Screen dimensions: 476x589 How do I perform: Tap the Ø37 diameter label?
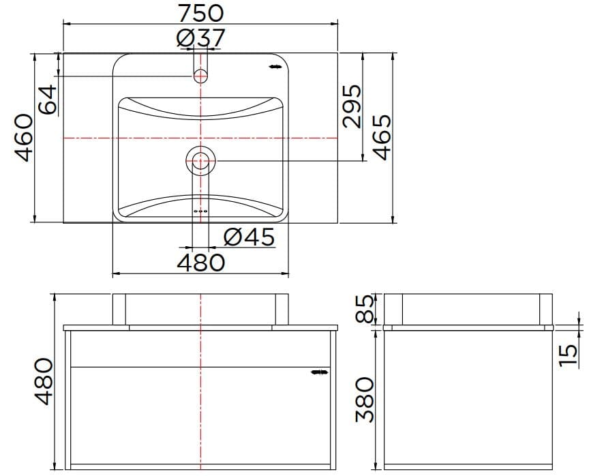(200, 39)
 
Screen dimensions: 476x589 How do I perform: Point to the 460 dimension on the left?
(24, 137)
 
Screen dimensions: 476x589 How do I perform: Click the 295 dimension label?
(350, 106)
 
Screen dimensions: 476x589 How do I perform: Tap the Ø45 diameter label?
(249, 237)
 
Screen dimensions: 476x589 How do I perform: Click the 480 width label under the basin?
(200, 262)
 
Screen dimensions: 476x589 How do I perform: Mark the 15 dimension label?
(569, 354)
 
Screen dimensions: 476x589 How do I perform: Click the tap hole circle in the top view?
(200, 75)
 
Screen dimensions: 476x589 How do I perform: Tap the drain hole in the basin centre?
(200, 162)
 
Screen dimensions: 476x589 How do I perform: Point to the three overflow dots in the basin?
(200, 212)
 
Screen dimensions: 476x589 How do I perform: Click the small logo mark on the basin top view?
(275, 67)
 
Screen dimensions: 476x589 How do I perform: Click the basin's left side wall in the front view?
(119, 309)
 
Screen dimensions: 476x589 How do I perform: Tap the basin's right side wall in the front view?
(283, 309)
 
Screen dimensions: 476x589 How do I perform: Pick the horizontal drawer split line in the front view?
(200, 366)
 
